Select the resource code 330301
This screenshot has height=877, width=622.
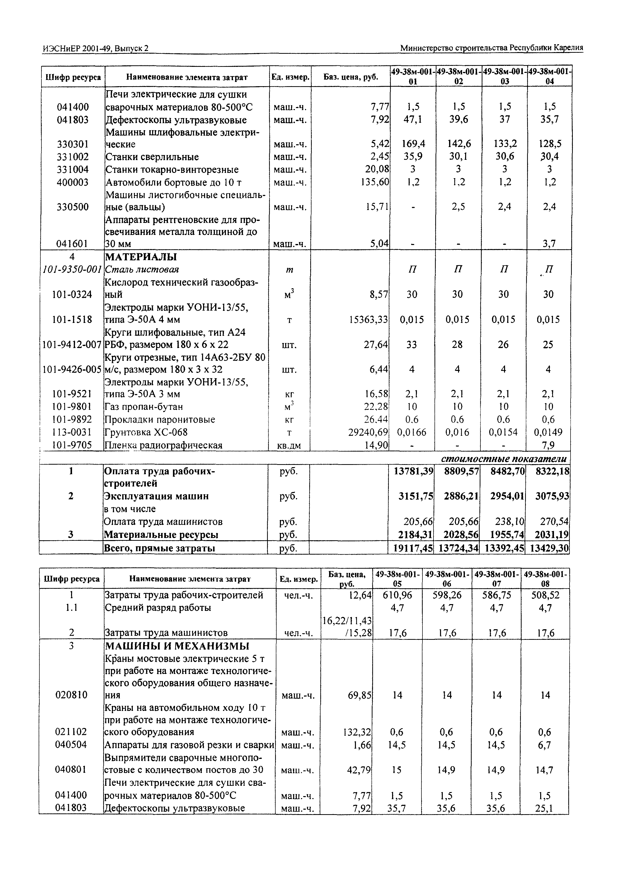pyautogui.click(x=73, y=144)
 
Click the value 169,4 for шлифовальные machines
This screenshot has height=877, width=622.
pyautogui.click(x=413, y=144)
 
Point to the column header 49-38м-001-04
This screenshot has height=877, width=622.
pyautogui.click(x=550, y=76)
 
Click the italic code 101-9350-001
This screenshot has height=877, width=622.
pyautogui.click(x=72, y=269)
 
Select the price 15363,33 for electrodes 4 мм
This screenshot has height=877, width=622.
pyautogui.click(x=369, y=319)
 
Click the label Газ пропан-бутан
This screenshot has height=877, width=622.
pyautogui.click(x=144, y=407)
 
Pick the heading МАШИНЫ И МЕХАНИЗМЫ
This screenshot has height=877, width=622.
pyautogui.click(x=177, y=646)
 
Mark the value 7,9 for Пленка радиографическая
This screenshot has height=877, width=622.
pyautogui.click(x=548, y=445)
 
